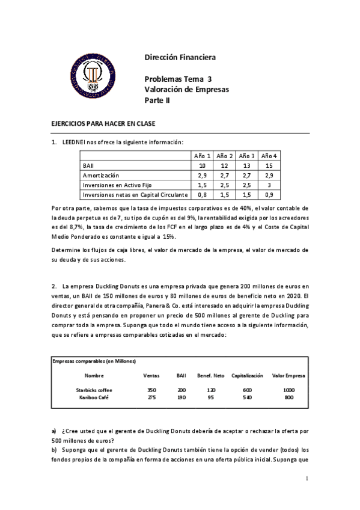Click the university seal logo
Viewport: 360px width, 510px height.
(x=93, y=75)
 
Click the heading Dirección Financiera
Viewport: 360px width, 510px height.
(x=180, y=58)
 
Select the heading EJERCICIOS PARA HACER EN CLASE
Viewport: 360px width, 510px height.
(x=103, y=123)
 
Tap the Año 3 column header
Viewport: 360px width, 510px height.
(x=249, y=155)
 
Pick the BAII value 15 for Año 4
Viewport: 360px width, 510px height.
(x=272, y=165)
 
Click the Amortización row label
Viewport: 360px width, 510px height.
(x=100, y=174)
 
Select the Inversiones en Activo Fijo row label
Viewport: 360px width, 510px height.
(x=115, y=185)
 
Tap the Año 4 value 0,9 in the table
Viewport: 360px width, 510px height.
(x=272, y=195)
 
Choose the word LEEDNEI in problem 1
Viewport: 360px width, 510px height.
(x=75, y=142)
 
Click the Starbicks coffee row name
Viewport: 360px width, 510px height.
(x=94, y=390)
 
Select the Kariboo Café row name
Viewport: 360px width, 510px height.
(x=94, y=397)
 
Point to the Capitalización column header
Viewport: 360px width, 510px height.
(x=247, y=375)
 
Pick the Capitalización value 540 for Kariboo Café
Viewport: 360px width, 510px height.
(x=247, y=397)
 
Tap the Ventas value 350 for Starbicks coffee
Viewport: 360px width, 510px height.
(x=151, y=390)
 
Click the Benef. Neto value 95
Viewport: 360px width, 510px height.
(x=210, y=397)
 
